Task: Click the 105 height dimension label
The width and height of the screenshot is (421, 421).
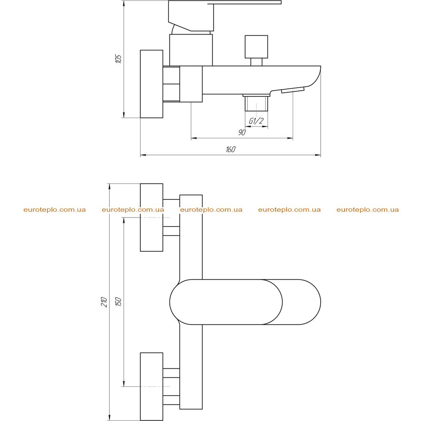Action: coord(118,59)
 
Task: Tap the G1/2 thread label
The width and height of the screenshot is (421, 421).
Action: coord(256,121)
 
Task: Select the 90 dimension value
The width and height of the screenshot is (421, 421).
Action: coord(242,132)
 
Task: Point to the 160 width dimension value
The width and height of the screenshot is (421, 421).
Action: coord(230,149)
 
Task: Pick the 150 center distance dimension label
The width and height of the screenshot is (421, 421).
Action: coord(118,302)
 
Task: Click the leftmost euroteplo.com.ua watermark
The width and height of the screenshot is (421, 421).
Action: coord(55,210)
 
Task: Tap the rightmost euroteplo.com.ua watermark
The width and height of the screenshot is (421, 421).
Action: coord(368,210)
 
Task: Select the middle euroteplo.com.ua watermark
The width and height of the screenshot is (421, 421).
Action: coord(211,210)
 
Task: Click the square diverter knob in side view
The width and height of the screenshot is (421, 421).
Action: coord(257,47)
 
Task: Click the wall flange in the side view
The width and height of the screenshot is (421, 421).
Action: coord(152,84)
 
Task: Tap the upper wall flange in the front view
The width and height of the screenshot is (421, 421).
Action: coord(152,217)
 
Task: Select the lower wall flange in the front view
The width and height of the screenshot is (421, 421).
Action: coord(152,386)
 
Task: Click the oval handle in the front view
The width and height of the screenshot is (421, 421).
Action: coord(245,302)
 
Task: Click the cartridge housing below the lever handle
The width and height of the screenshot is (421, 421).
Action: coord(191,50)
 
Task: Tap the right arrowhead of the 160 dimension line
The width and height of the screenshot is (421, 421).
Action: coord(318,155)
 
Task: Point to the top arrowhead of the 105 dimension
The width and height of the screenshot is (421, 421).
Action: coord(124,4)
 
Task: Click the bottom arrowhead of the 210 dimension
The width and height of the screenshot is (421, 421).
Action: coord(109,417)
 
